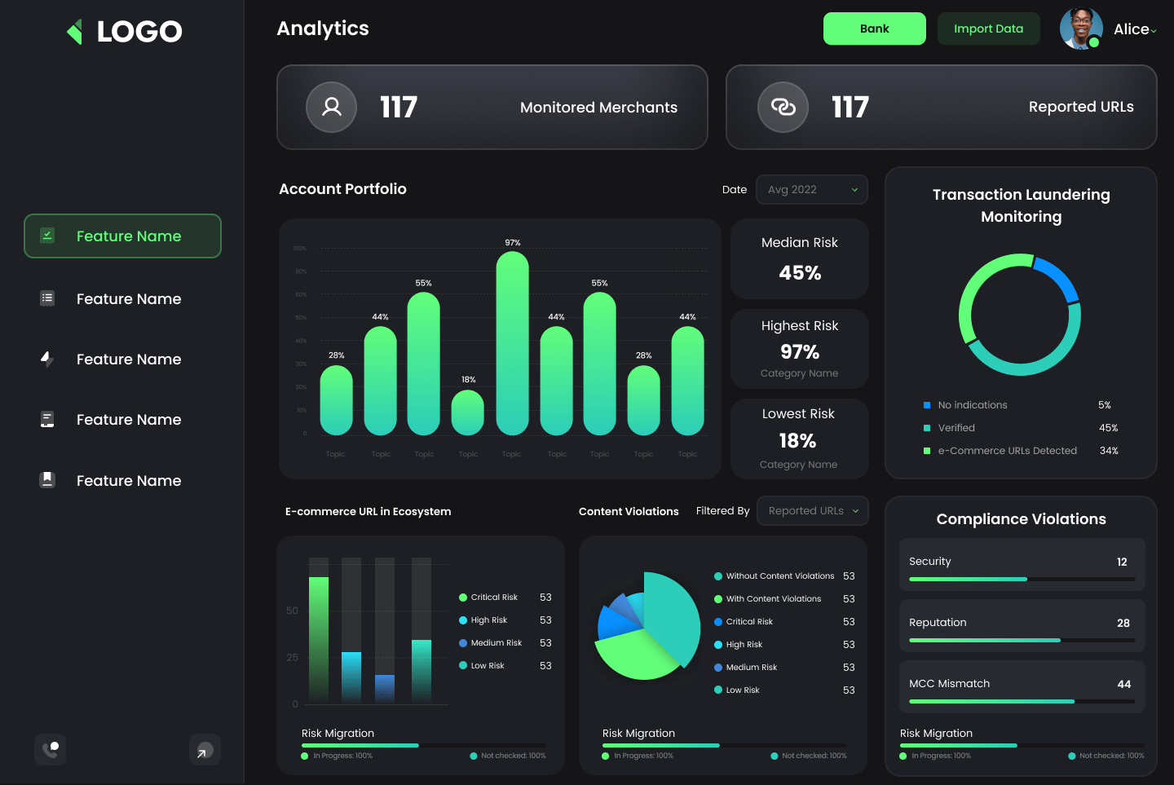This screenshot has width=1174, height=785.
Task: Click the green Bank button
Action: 874,29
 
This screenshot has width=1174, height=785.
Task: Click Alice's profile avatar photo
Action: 1081,29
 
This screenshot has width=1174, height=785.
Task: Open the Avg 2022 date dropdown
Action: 811,189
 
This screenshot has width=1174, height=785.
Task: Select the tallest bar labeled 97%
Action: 512,342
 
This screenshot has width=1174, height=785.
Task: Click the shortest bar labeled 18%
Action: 468,412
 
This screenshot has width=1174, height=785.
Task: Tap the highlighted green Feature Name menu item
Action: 122,236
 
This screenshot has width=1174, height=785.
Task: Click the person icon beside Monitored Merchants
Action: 331,107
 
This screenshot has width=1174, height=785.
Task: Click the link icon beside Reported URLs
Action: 783,107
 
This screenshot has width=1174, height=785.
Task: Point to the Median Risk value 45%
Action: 800,273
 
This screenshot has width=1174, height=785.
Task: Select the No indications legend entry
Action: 972,405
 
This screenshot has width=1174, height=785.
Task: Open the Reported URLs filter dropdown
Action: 812,511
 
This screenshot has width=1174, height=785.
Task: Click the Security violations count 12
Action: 1122,562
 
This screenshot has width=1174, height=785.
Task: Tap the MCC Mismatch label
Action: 949,684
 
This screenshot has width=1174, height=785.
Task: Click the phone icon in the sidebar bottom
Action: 51,749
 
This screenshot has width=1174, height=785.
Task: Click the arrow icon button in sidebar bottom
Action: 205,750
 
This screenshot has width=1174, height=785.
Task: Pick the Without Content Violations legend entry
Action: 779,576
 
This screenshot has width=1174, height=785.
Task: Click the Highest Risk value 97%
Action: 800,352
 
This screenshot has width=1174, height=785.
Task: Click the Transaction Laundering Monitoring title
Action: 1021,205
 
